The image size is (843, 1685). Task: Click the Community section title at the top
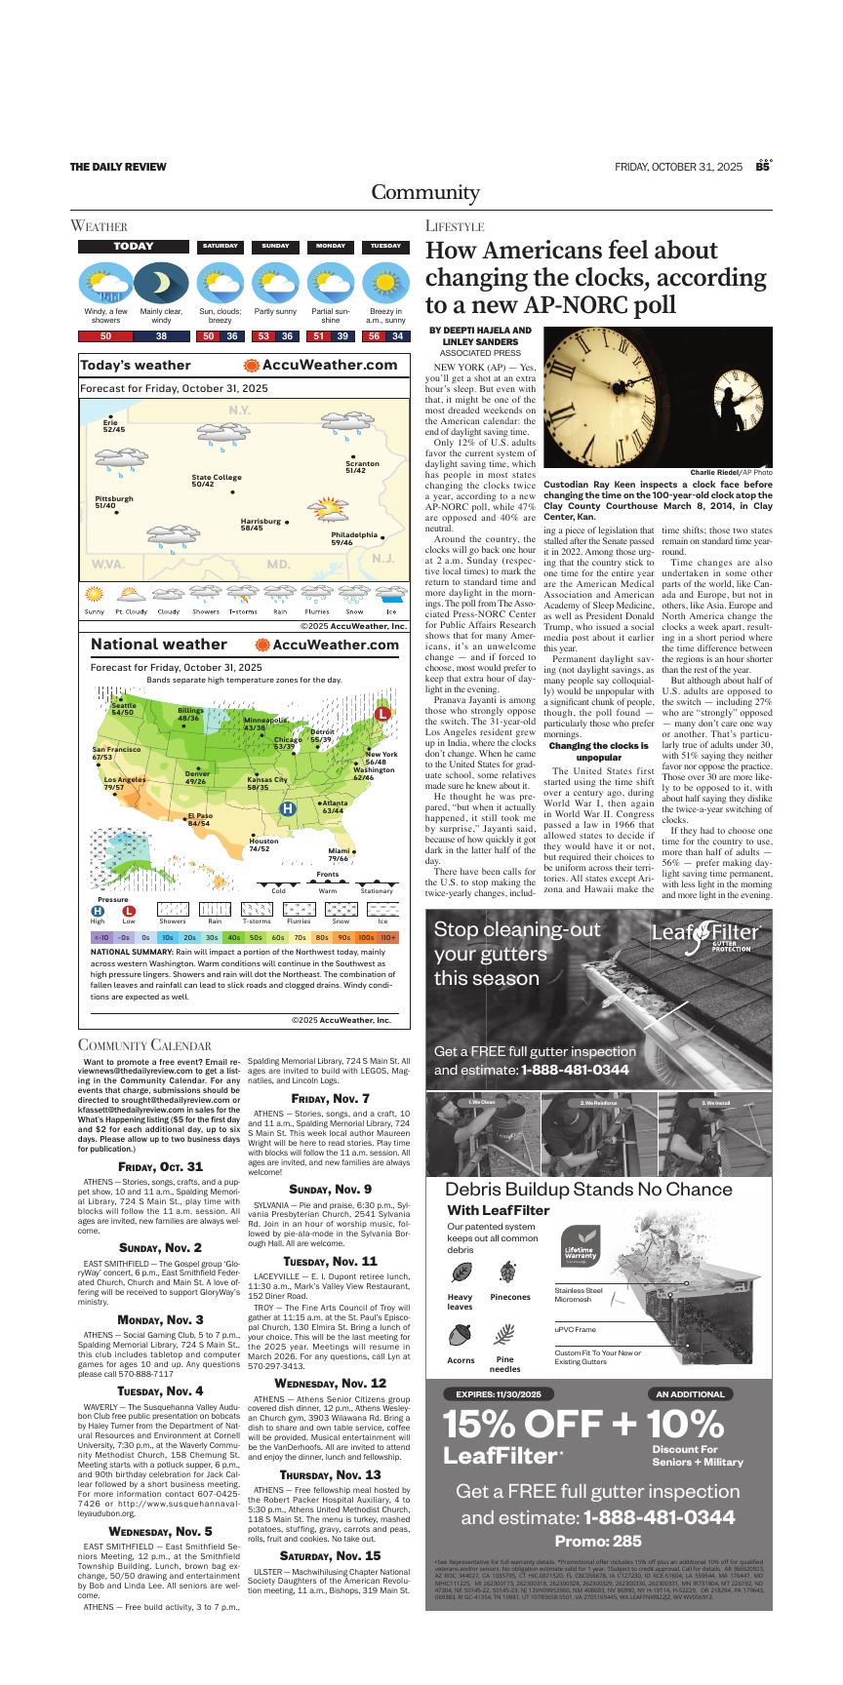424,192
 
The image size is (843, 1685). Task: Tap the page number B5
764,166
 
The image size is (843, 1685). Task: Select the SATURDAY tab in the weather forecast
221,247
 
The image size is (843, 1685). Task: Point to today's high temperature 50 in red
105,336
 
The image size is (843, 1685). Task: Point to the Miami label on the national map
338,854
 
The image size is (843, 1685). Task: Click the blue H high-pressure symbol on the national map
288,808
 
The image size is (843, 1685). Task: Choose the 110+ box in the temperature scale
388,937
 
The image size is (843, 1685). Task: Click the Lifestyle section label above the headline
455,226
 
